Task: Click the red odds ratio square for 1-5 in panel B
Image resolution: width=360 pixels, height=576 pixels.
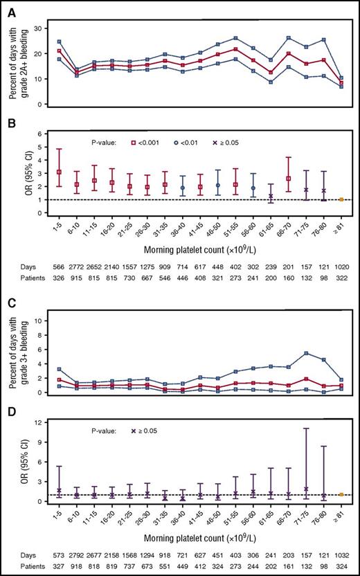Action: click(59, 172)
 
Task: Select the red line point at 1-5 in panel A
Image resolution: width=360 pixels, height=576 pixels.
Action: click(59, 51)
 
